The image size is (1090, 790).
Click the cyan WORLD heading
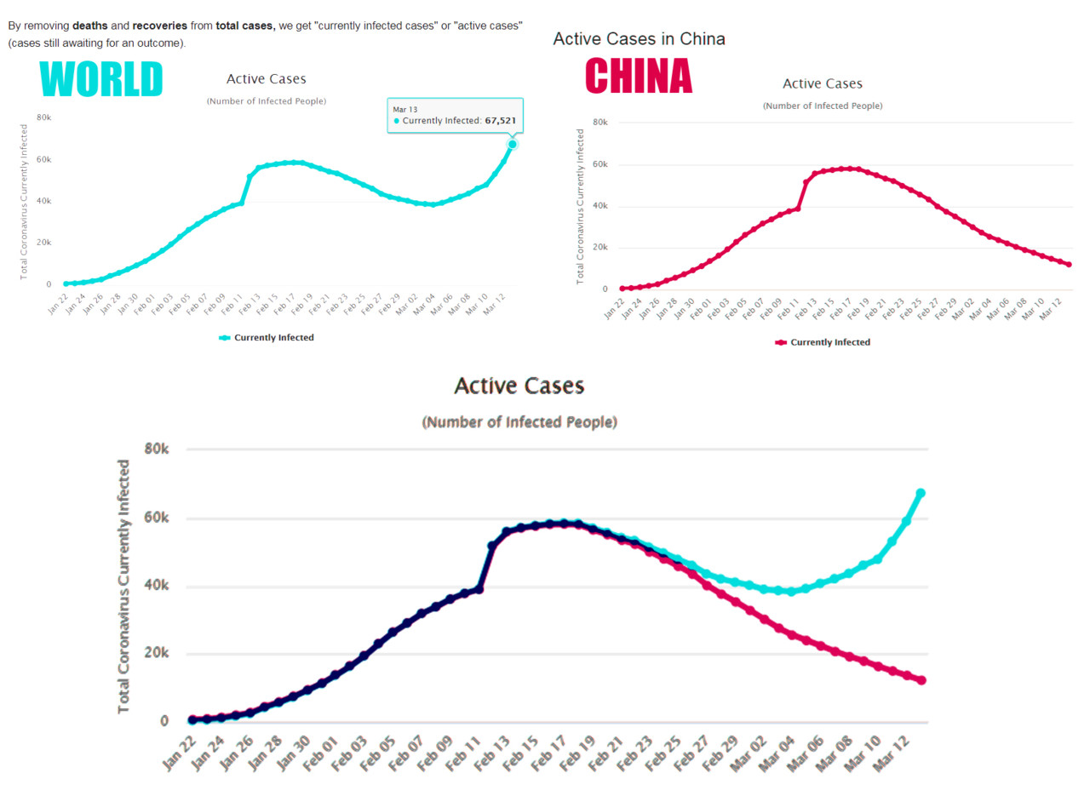101,79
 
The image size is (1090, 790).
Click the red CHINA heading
639,76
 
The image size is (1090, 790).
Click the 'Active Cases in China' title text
639,39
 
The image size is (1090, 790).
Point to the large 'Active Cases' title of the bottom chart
519,386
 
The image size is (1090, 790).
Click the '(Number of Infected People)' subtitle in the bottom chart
519,422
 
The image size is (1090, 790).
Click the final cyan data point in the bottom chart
921,494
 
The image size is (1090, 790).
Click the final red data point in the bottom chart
921,680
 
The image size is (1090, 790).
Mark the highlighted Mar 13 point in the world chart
513,144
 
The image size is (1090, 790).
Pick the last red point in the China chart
1069,265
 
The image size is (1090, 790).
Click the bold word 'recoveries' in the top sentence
160,26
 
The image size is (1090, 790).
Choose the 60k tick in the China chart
599,164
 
